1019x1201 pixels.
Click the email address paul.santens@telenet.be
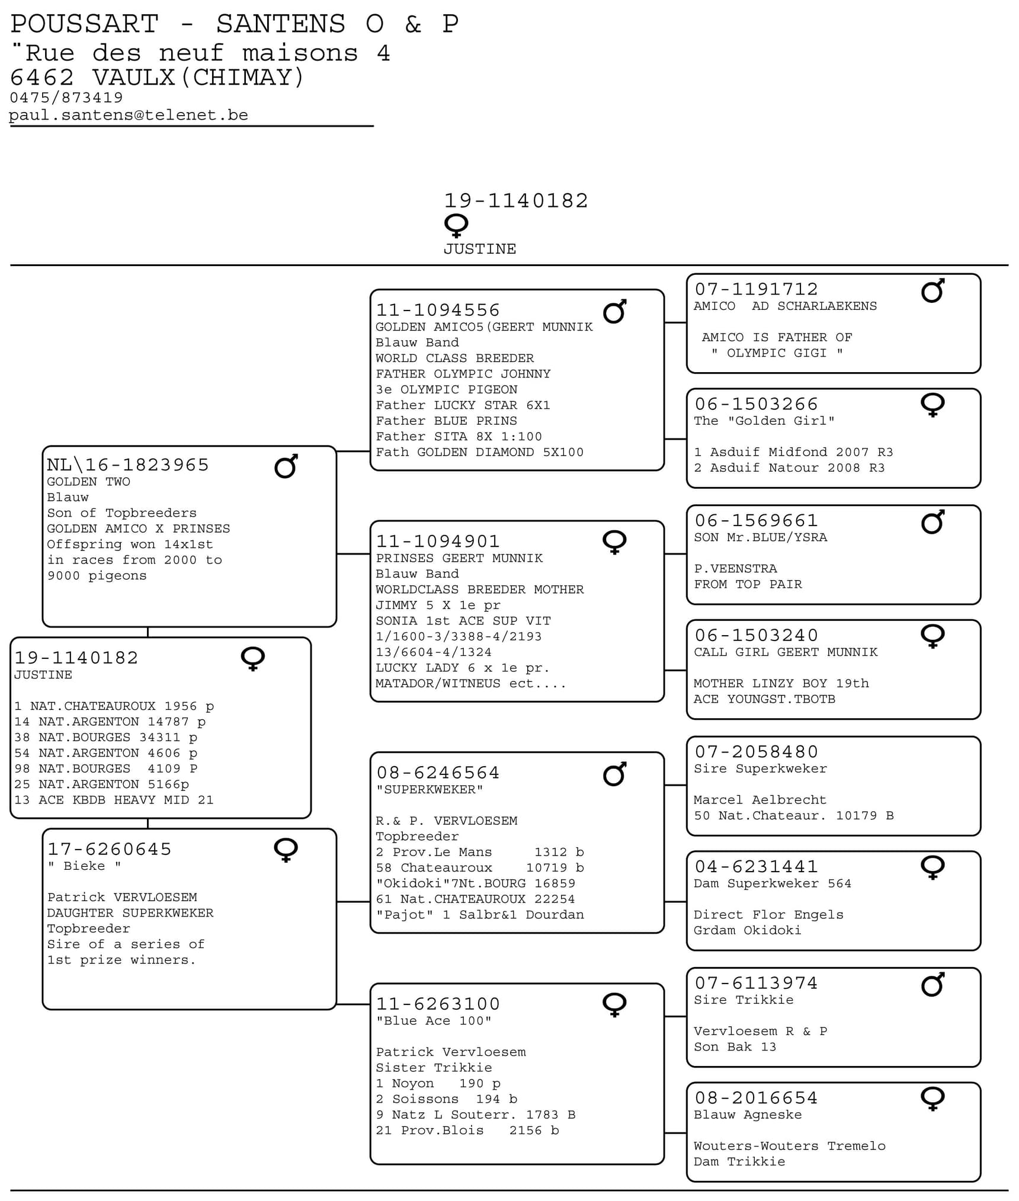(x=129, y=115)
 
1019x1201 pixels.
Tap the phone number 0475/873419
(x=66, y=97)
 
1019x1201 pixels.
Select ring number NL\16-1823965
(x=128, y=465)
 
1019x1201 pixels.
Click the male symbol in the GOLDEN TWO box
(x=286, y=466)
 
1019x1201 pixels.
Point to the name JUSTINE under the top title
(x=480, y=249)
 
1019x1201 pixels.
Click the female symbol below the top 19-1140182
(x=456, y=226)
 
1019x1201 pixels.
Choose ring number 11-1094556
(x=438, y=310)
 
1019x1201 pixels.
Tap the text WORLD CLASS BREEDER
(x=454, y=358)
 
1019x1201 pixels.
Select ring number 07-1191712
(x=756, y=289)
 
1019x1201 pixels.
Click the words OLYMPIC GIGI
(x=776, y=353)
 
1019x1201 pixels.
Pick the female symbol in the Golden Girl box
(x=933, y=405)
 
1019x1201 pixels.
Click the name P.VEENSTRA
(x=735, y=568)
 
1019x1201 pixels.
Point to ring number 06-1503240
(x=756, y=635)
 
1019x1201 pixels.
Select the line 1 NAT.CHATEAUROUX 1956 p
(x=114, y=706)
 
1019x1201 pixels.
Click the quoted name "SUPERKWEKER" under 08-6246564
(x=430, y=789)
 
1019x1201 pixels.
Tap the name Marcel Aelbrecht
(x=760, y=799)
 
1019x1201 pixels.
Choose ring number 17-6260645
(x=110, y=849)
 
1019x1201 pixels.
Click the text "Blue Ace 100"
(x=434, y=1020)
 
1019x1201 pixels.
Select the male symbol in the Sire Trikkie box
(x=933, y=985)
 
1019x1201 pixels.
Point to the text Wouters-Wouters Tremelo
(x=789, y=1145)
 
